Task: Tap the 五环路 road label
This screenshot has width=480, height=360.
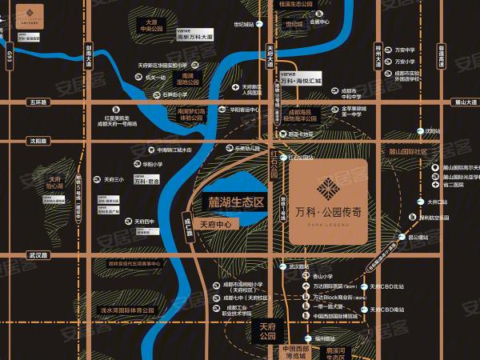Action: [x=37, y=102]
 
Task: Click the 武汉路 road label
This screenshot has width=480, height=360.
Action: [x=38, y=254]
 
